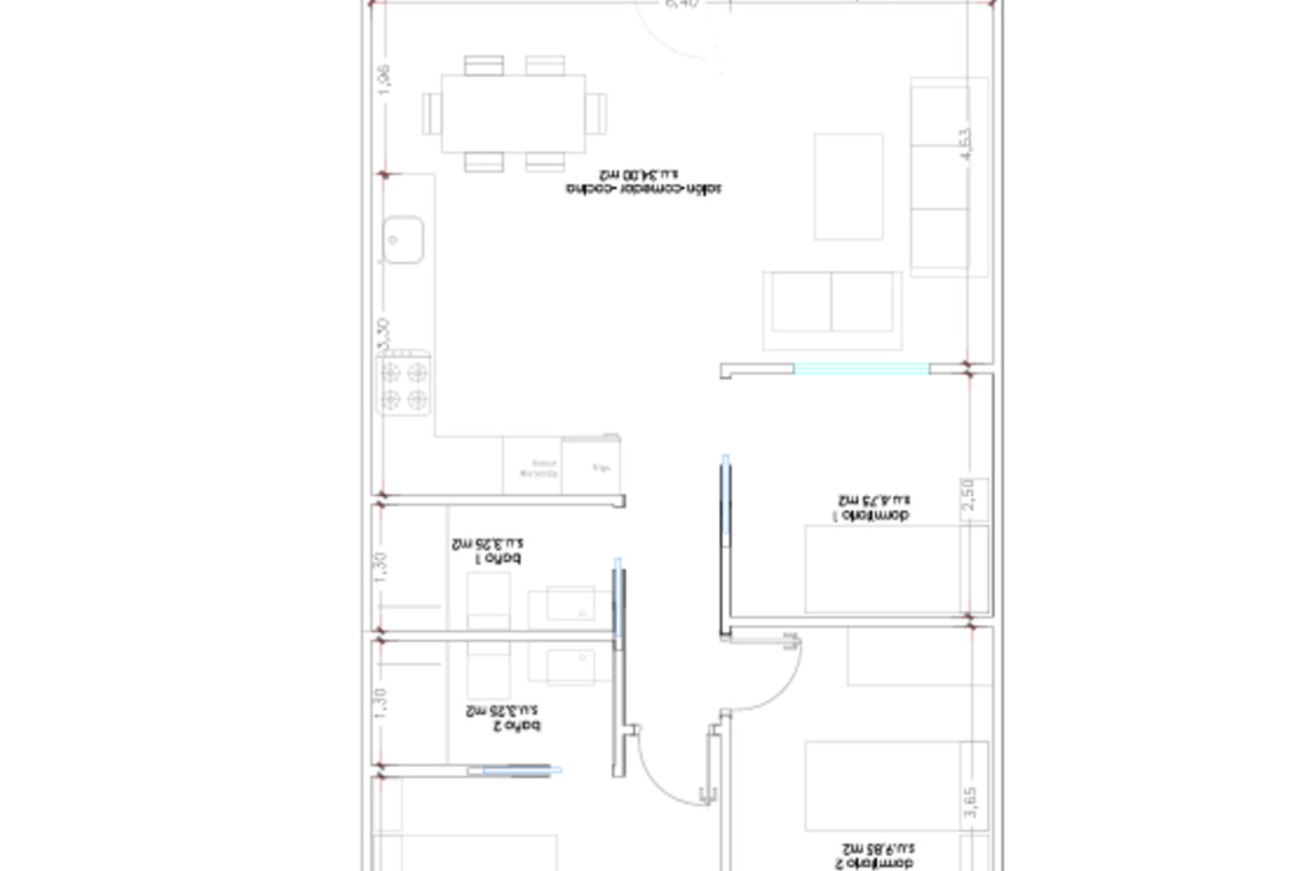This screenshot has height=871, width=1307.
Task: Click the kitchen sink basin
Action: pyautogui.click(x=402, y=240)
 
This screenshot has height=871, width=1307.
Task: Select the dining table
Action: pyautogui.click(x=513, y=114)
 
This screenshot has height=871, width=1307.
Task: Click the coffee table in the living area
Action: pyautogui.click(x=848, y=186)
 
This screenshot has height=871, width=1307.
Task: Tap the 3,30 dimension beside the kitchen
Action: pyautogui.click(x=384, y=335)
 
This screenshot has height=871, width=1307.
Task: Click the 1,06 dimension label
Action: pyautogui.click(x=384, y=80)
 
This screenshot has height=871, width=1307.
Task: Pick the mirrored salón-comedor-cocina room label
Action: pyautogui.click(x=643, y=182)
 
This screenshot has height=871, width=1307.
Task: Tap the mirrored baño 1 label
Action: pyautogui.click(x=487, y=551)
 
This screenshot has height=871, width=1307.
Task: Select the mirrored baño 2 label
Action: pyautogui.click(x=503, y=719)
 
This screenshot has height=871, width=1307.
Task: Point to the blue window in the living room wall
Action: pyautogui.click(x=861, y=369)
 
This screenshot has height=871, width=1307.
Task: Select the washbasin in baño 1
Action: pyautogui.click(x=570, y=604)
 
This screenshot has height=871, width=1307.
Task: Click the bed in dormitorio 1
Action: pyautogui.click(x=896, y=569)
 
